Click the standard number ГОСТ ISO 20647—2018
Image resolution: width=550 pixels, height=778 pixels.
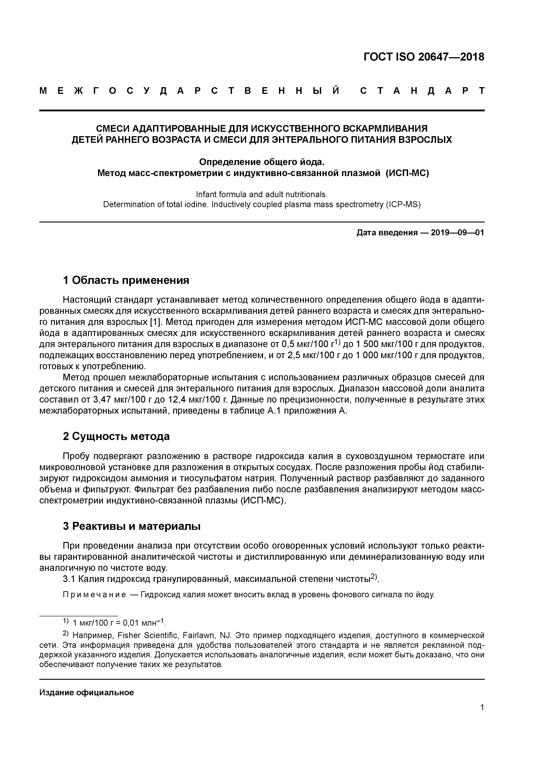[x=424, y=57]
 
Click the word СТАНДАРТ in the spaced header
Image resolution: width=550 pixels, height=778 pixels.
[x=422, y=91]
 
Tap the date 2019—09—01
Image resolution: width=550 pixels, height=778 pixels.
[x=458, y=233]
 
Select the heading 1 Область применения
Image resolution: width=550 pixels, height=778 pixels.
[x=126, y=280]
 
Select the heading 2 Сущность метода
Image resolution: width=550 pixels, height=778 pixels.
[x=116, y=436]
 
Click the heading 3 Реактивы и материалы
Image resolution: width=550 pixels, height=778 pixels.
[x=132, y=526]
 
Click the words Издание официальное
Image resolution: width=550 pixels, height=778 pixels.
[x=87, y=699]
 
